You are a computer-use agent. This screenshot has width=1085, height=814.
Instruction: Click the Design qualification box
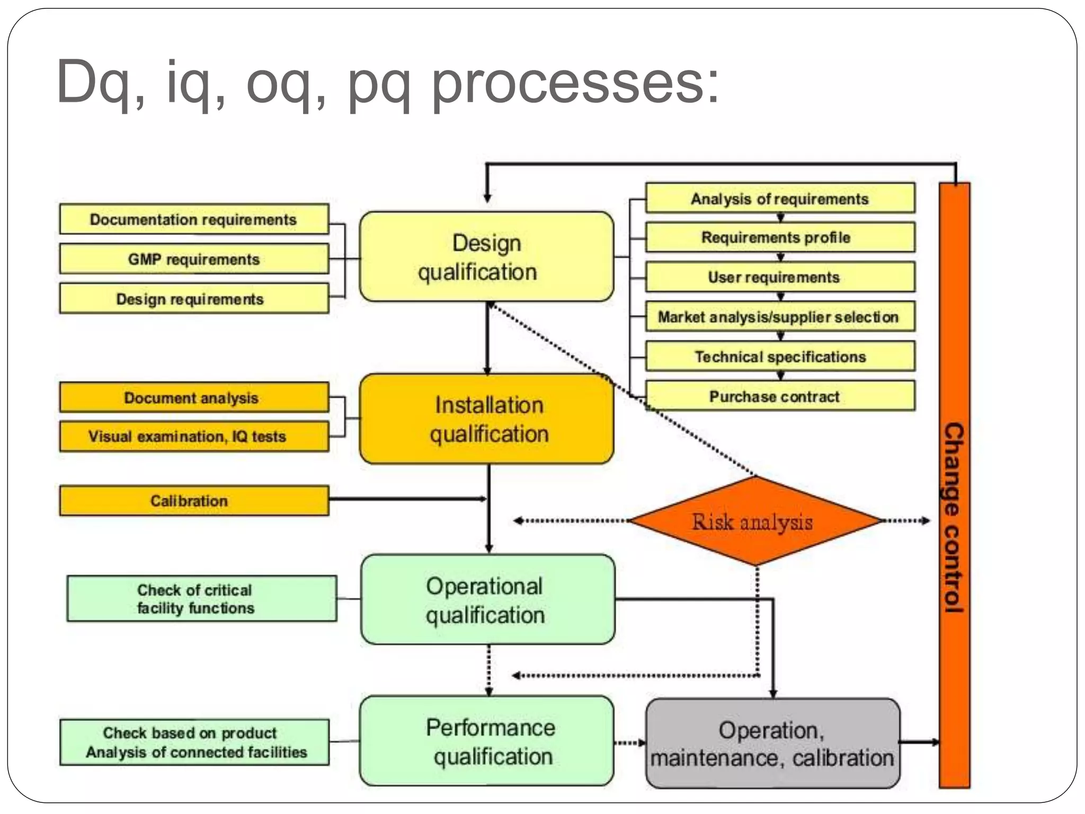coord(486,257)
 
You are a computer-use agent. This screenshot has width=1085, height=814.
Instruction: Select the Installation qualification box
coord(486,419)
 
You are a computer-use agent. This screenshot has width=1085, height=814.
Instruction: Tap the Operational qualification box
coord(487,599)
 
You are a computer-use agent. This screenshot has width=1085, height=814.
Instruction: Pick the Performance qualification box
coord(486,741)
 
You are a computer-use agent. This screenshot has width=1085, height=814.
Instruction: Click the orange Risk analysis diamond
coord(755,521)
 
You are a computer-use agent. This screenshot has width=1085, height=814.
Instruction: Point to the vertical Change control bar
coord(954,485)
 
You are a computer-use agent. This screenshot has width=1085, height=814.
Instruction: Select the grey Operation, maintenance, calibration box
coord(772,743)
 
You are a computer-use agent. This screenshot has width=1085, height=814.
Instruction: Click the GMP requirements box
coord(194,259)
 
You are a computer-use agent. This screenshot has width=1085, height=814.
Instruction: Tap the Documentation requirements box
coord(194,219)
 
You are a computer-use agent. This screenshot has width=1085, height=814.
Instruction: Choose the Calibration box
coord(194,501)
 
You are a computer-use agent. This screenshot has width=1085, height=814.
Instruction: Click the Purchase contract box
coord(780,396)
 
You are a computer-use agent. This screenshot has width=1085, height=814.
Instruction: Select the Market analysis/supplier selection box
coord(780,317)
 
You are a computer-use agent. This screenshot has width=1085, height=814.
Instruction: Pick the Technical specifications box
coord(780,357)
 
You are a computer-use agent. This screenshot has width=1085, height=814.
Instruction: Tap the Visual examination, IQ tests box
coord(194,437)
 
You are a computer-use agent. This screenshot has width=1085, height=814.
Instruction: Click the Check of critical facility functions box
coord(201,599)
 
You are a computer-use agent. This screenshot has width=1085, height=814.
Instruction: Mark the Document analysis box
coord(194,397)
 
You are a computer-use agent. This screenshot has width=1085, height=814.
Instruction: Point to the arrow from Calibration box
coord(408,499)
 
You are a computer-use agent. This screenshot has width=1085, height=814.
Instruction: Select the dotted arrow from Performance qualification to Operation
coord(629,742)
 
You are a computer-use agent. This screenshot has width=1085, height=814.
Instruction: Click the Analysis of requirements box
coord(780,199)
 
